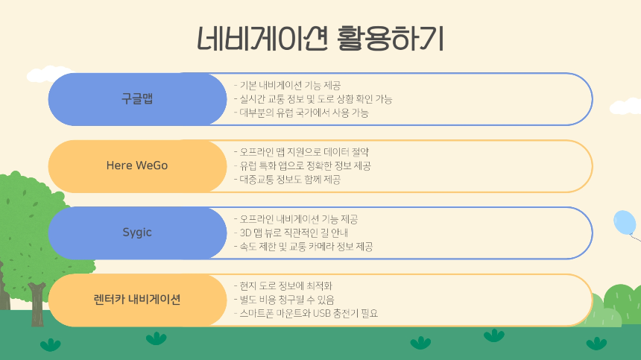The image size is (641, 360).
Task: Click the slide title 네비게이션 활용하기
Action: (320, 38)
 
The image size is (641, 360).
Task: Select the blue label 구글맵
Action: (137, 99)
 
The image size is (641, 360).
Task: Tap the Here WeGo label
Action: (137, 165)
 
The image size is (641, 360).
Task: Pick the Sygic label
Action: (137, 233)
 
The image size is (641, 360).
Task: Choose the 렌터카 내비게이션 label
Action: (137, 300)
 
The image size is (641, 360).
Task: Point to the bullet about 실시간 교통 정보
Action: (312, 99)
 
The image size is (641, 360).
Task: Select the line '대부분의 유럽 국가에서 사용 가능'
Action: (301, 113)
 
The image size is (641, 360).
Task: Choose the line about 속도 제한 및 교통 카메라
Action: (303, 246)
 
